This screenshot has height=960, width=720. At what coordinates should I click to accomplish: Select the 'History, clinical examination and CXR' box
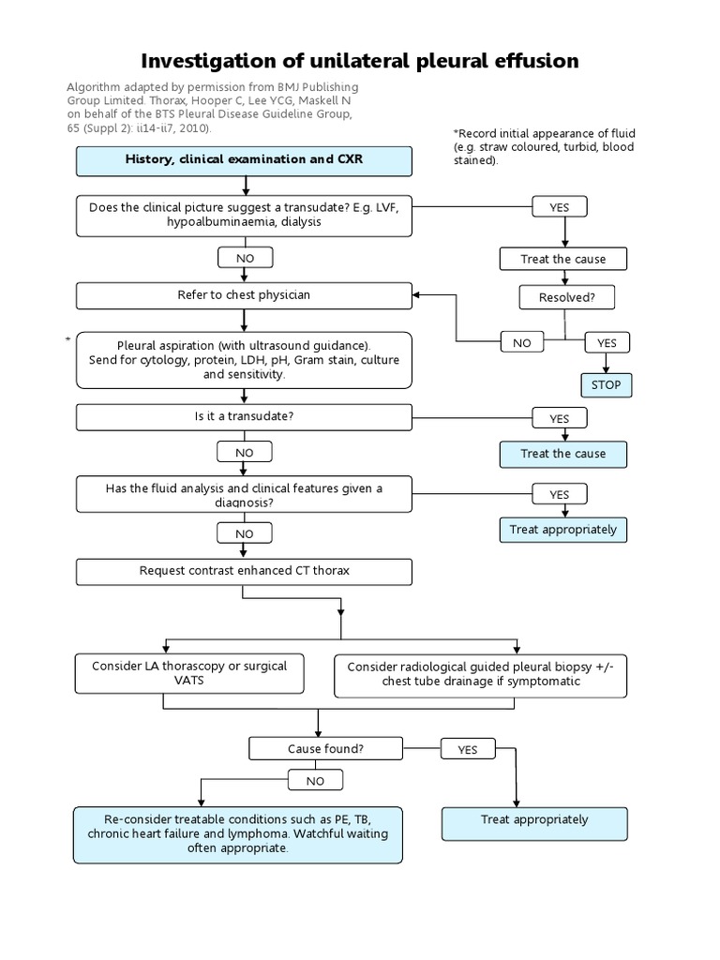pyautogui.click(x=244, y=160)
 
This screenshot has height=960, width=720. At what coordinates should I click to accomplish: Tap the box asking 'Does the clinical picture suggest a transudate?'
pyautogui.click(x=244, y=215)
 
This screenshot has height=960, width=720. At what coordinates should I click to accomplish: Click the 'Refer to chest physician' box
pyautogui.click(x=244, y=295)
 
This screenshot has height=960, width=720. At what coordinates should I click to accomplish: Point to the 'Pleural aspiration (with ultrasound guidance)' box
pyautogui.click(x=244, y=359)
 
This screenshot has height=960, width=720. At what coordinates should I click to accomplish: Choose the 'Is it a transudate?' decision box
pyautogui.click(x=244, y=416)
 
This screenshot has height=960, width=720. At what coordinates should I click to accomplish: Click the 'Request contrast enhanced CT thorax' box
pyautogui.click(x=244, y=571)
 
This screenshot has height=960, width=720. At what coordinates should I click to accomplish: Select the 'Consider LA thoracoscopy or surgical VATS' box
pyautogui.click(x=189, y=673)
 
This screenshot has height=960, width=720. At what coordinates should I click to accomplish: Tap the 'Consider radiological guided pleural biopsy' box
pyautogui.click(x=481, y=675)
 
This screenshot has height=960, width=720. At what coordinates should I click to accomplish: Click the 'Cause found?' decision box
pyautogui.click(x=325, y=749)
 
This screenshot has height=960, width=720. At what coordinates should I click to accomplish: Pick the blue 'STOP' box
pyautogui.click(x=606, y=385)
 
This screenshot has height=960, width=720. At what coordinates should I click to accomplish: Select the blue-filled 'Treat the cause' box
pyautogui.click(x=562, y=454)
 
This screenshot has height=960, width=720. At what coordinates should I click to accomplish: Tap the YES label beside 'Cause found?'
pyautogui.click(x=468, y=750)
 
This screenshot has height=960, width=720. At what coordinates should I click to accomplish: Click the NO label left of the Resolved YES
pyautogui.click(x=522, y=343)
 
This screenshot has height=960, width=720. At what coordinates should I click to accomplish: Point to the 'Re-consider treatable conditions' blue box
pyautogui.click(x=237, y=833)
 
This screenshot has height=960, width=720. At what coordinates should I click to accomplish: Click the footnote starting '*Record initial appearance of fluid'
pyautogui.click(x=542, y=147)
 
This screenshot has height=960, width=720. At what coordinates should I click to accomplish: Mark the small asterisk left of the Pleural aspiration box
pyautogui.click(x=67, y=337)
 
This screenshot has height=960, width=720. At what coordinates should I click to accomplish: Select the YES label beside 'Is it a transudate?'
pyautogui.click(x=560, y=419)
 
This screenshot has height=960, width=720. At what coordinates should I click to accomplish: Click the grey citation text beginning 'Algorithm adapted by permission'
pyautogui.click(x=212, y=107)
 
